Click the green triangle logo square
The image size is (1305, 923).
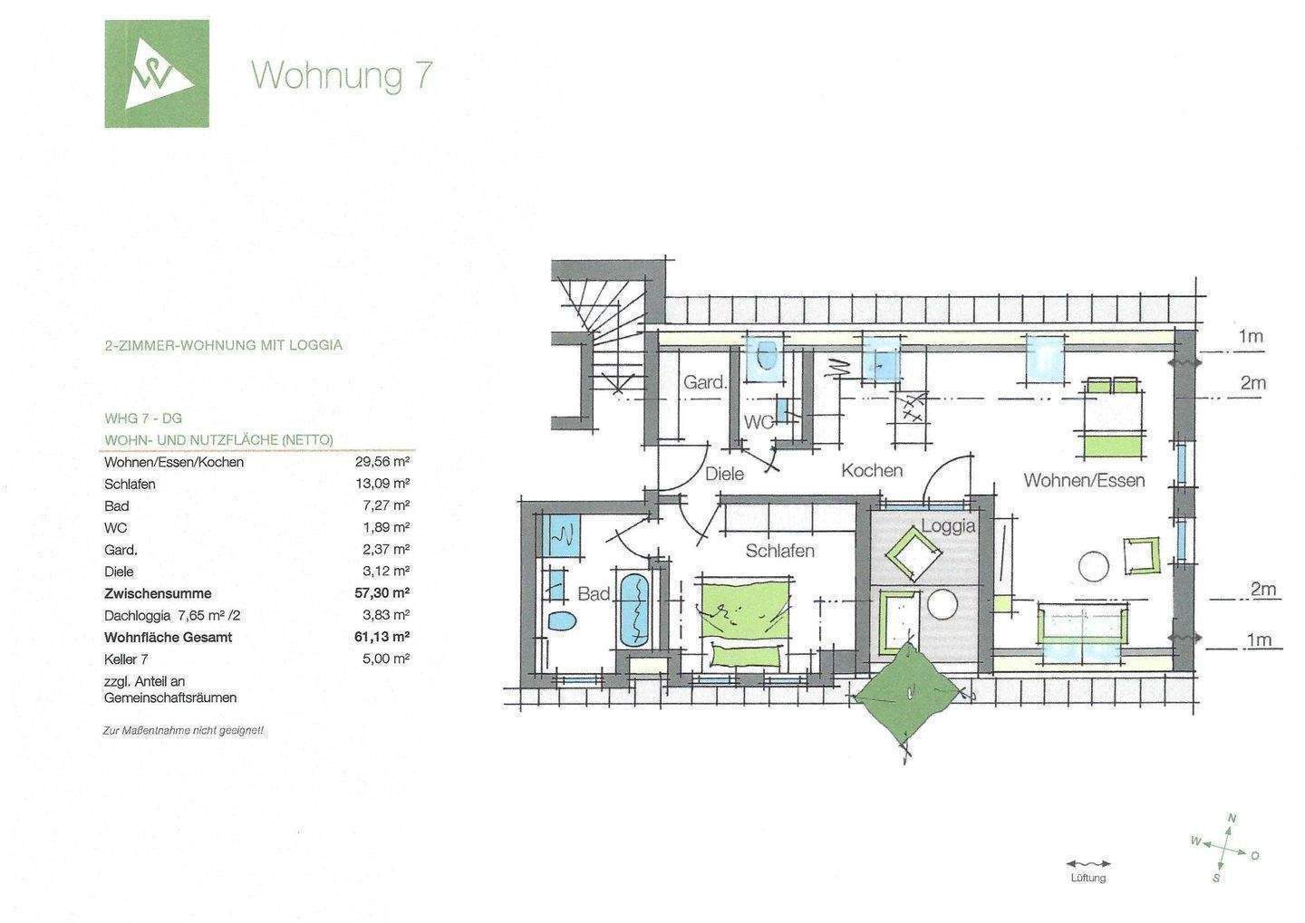156,73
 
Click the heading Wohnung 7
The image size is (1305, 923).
341,75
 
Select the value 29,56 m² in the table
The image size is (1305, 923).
382,462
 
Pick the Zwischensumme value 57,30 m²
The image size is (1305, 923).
382,593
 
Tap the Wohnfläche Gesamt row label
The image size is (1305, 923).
168,638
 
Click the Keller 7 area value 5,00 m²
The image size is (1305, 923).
385,659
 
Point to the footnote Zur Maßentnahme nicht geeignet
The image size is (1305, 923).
183,730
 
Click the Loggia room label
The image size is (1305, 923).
948,526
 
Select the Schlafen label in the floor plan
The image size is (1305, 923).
779,551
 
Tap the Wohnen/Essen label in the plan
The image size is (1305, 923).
1084,480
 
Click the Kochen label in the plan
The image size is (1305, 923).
872,470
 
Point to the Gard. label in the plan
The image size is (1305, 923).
704,382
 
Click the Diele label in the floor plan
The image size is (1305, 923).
724,474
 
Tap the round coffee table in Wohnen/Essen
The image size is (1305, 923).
1094,566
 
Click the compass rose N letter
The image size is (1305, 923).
1231,819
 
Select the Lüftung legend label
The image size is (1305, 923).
1087,879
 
